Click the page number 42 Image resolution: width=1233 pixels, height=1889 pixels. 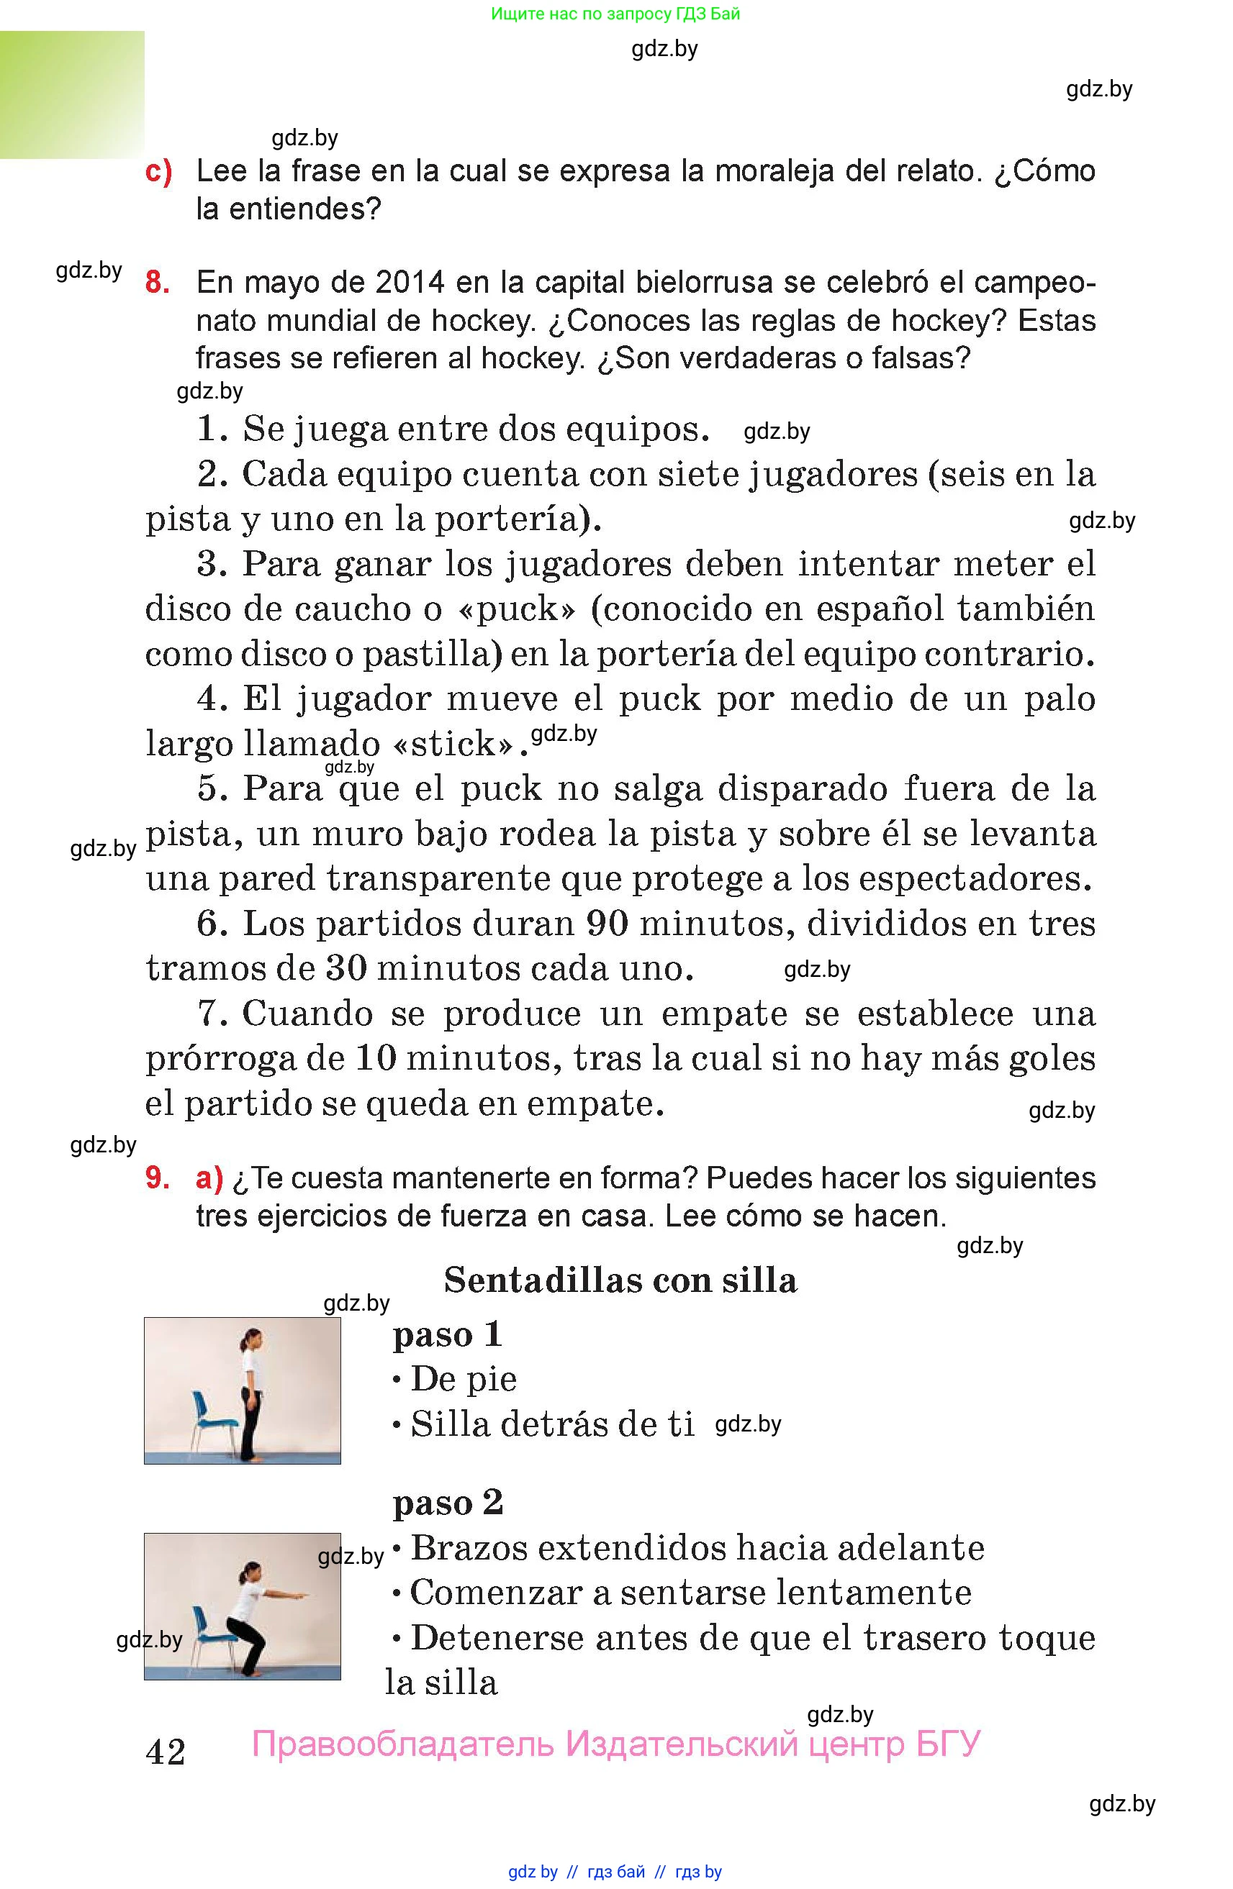click(165, 1751)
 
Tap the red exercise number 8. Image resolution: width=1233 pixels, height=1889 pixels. click(157, 282)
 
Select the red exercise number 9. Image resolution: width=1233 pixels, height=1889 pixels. click(157, 1178)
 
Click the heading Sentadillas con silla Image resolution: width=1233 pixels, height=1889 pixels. click(620, 1280)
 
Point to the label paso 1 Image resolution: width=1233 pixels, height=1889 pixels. click(448, 1334)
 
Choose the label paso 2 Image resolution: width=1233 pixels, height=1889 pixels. click(448, 1503)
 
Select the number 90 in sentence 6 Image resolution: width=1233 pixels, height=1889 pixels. click(608, 923)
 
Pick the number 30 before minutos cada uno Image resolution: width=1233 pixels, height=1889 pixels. click(345, 968)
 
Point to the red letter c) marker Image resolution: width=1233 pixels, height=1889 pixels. click(159, 171)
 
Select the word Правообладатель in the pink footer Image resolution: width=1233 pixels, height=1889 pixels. click(402, 1744)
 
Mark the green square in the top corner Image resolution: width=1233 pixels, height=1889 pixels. click(72, 94)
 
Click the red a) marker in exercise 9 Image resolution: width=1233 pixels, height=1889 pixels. click(209, 1178)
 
